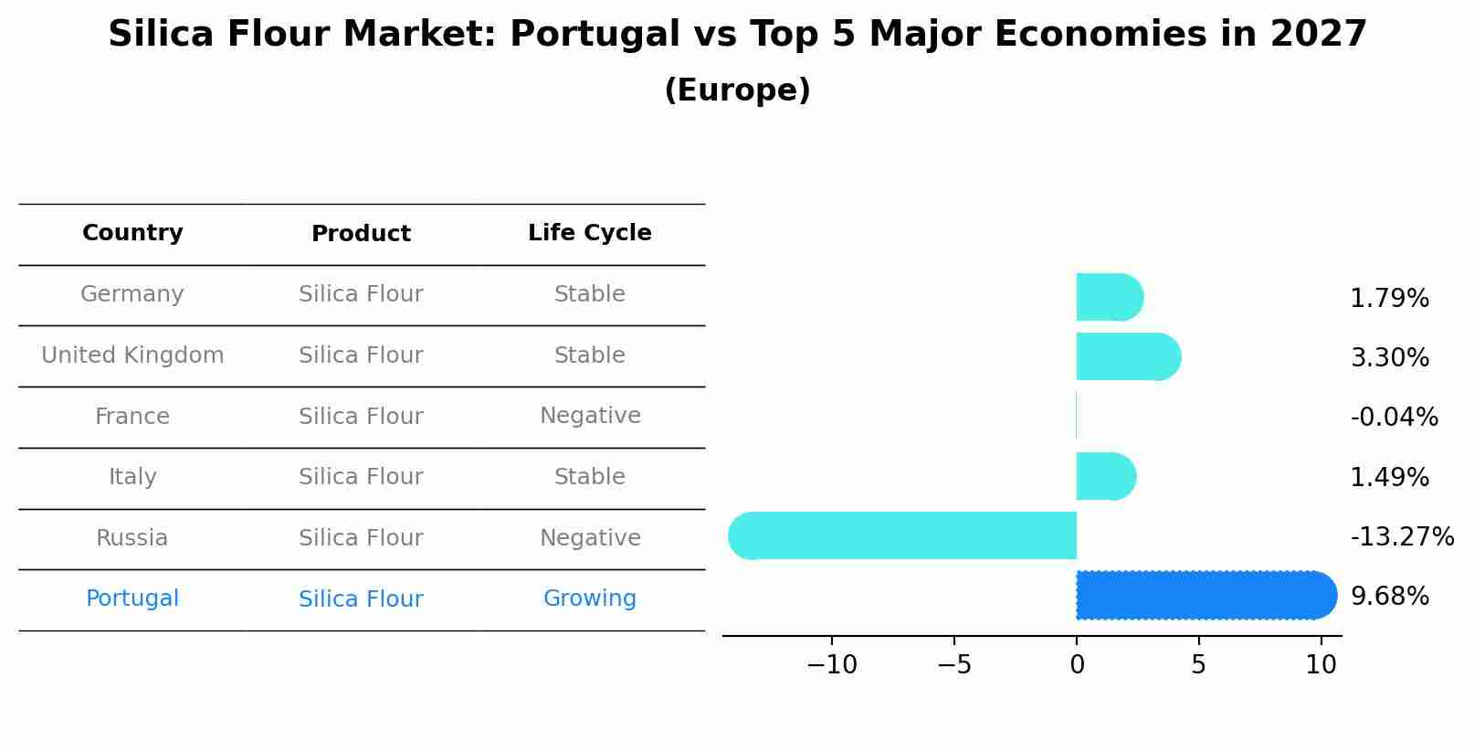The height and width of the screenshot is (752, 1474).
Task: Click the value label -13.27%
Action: pyautogui.click(x=1401, y=536)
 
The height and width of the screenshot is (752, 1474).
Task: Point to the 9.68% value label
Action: pyautogui.click(x=1389, y=596)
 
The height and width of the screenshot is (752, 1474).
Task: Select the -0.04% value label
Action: pyautogui.click(x=1394, y=417)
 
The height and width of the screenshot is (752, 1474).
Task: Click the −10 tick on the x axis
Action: pyautogui.click(x=831, y=664)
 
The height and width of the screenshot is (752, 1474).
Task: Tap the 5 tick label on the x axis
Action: pyautogui.click(x=1198, y=664)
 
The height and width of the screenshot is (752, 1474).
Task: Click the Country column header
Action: pyautogui.click(x=132, y=233)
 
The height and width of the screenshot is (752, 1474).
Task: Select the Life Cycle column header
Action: pyautogui.click(x=589, y=233)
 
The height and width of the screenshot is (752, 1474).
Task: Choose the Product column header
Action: pyautogui.click(x=361, y=234)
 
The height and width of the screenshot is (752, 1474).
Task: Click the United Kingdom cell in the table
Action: pyautogui.click(x=132, y=355)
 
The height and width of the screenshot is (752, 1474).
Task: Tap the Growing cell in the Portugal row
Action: pyautogui.click(x=589, y=598)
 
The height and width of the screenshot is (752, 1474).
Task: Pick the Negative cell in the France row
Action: pyautogui.click(x=589, y=416)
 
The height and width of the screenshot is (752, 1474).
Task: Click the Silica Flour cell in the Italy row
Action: pyautogui.click(x=361, y=477)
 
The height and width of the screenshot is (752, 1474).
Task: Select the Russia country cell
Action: pyautogui.click(x=132, y=538)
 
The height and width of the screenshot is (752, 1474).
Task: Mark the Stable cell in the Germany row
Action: pyautogui.click(x=589, y=294)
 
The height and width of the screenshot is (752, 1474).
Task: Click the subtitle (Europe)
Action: pyautogui.click(x=737, y=90)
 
